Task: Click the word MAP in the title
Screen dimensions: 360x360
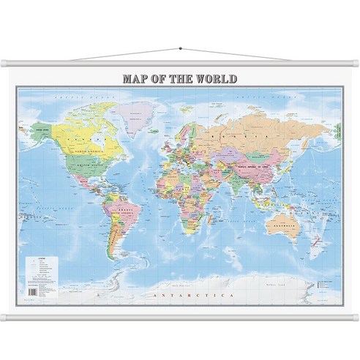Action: point(136,78)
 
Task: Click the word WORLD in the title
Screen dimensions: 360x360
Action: point(216,78)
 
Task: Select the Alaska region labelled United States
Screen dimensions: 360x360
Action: point(41,131)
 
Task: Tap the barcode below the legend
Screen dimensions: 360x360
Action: point(31,290)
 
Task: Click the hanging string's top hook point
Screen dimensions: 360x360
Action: point(180,49)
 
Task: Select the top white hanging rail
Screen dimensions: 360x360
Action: point(180,64)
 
